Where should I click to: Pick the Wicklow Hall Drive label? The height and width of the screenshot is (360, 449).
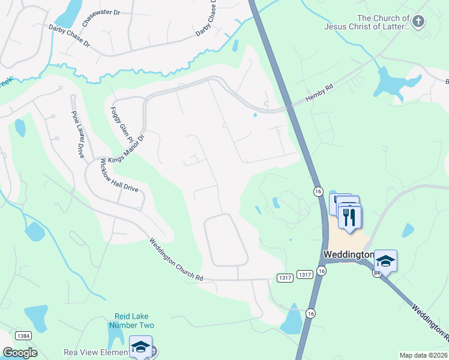point(119,175)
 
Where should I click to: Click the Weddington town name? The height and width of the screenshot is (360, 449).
point(348,254)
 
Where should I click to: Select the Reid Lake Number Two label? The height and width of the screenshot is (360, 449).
point(131,320)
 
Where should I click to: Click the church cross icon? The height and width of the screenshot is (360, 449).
point(418,22)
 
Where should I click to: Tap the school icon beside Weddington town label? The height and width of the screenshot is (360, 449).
point(385,260)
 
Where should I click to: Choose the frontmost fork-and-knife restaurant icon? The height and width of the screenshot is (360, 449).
point(350,216)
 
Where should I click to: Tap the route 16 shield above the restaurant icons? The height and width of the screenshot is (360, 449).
point(318,190)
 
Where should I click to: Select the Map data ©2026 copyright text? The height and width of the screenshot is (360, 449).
point(423,355)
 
